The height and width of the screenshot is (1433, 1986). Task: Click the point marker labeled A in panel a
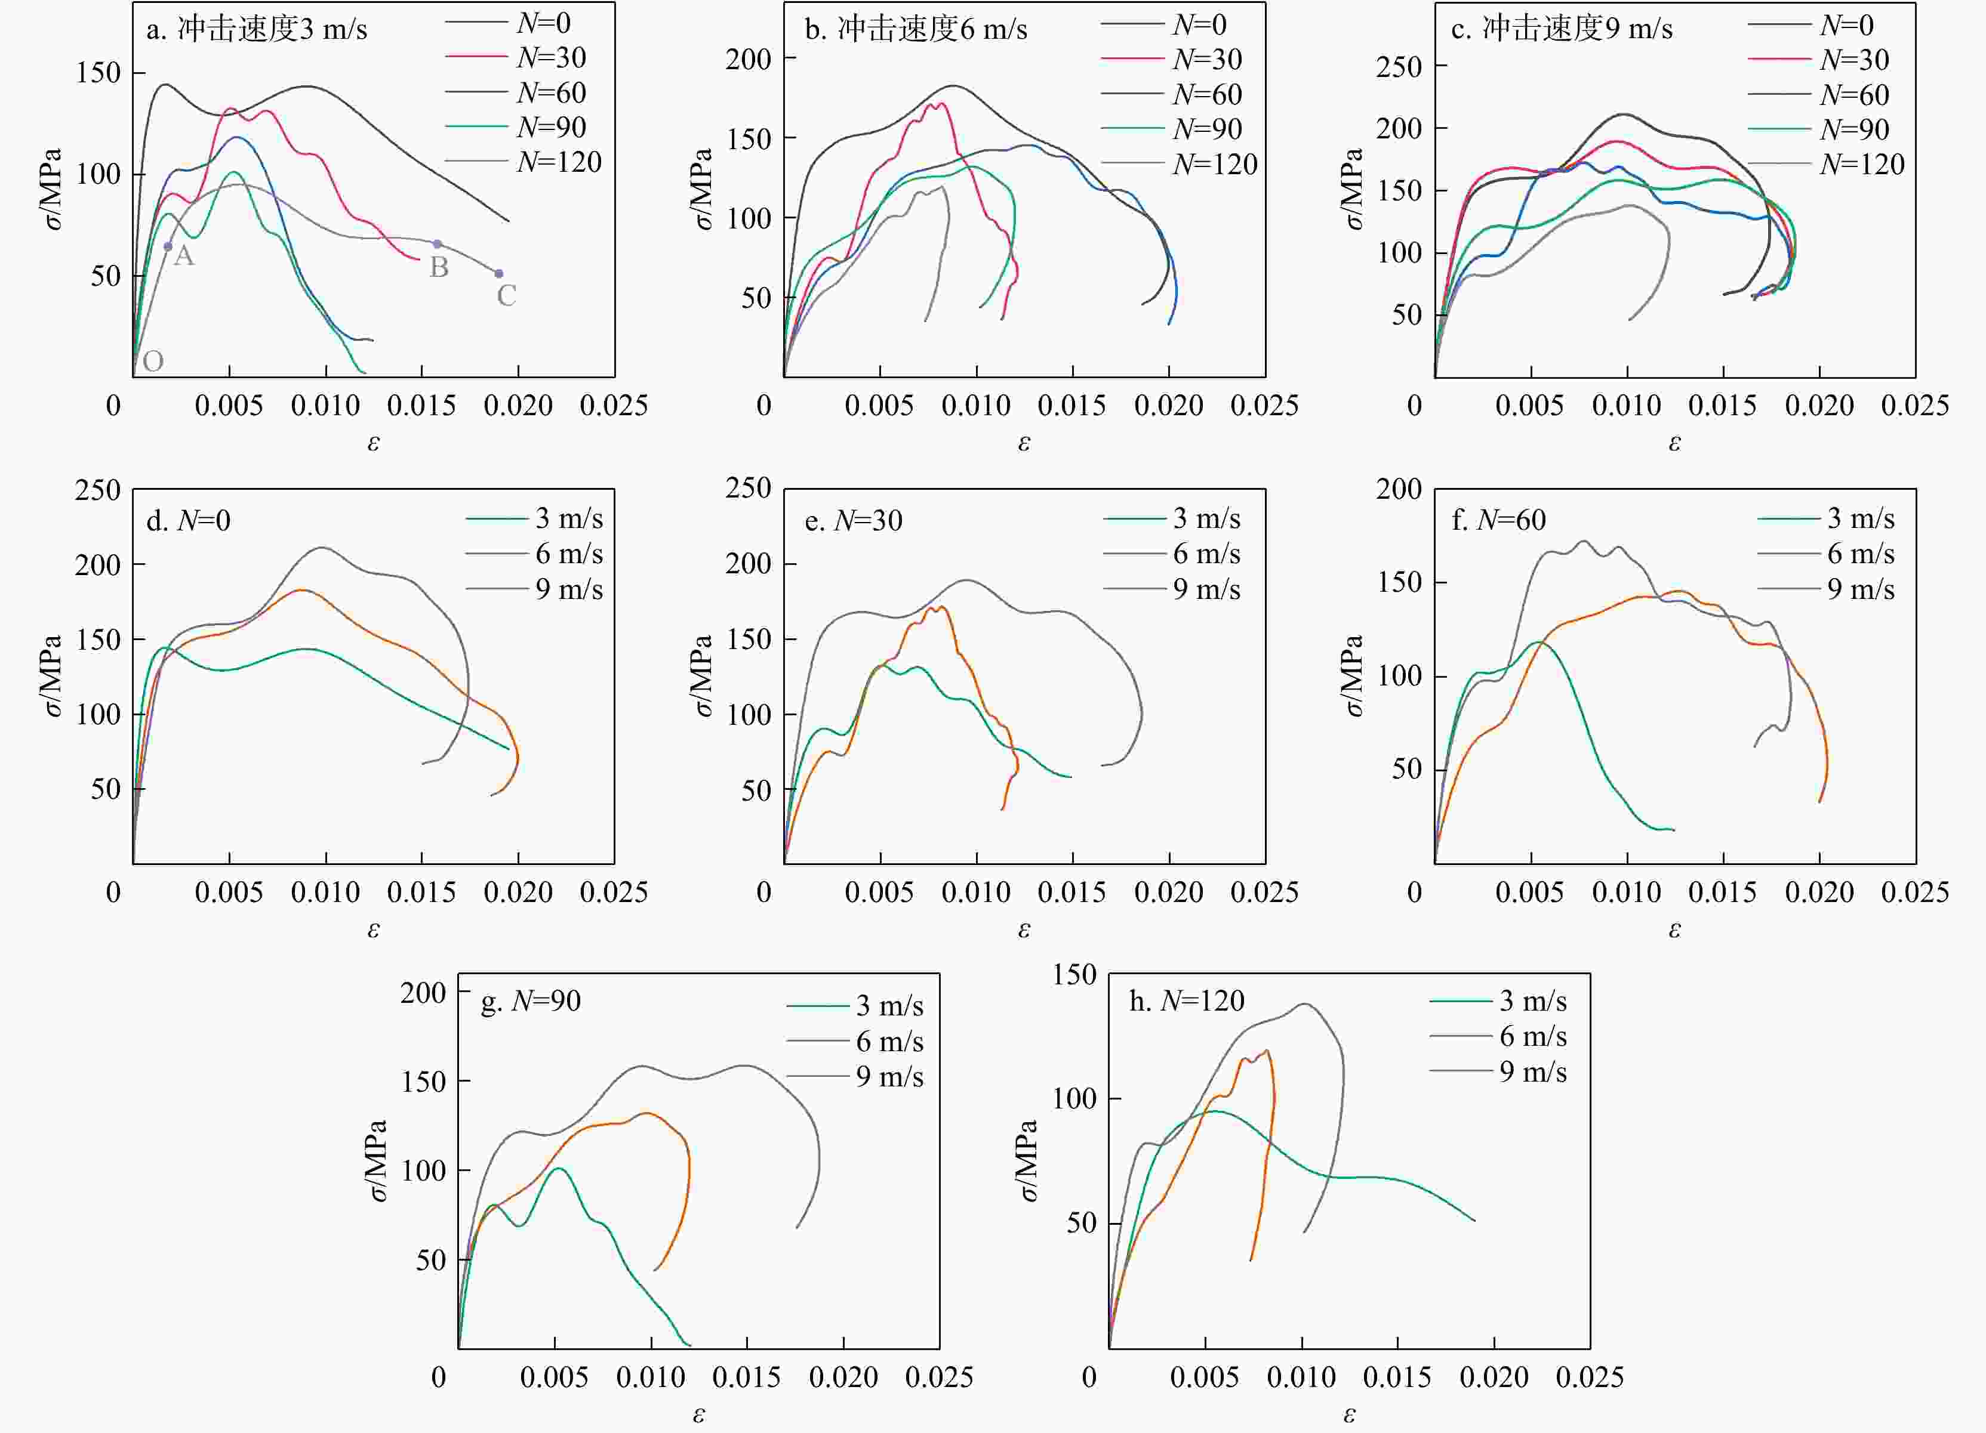(168, 247)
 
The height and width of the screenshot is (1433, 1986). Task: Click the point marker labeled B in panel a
(438, 244)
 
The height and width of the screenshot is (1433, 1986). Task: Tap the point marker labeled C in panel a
(499, 274)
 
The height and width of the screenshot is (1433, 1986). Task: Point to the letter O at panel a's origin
(153, 361)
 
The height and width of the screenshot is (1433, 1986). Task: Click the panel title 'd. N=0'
(188, 521)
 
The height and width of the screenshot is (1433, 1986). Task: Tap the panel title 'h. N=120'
(1187, 1000)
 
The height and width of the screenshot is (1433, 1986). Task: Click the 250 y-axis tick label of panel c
(1399, 67)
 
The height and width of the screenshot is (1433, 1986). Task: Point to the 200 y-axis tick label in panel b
(748, 60)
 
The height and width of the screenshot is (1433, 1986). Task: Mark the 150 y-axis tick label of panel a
(98, 73)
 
